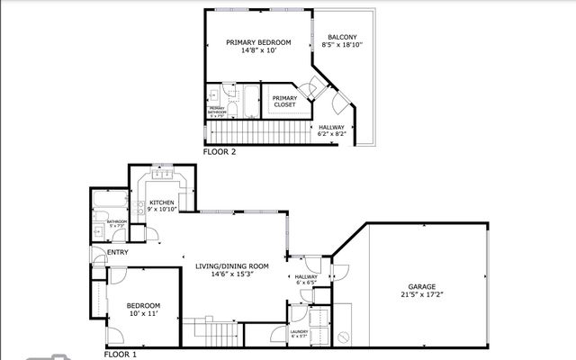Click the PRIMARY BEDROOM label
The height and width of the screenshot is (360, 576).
coord(258,42)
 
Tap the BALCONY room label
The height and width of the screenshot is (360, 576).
coord(341,37)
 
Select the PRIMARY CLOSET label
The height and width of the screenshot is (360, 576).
coord(284,101)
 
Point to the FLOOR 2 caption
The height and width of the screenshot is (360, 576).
coord(220,152)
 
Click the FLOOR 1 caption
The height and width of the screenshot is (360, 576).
coord(120,355)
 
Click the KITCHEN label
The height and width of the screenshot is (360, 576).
coord(162,202)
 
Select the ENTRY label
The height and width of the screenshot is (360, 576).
coord(117,252)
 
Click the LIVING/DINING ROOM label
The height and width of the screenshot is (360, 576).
coord(233,265)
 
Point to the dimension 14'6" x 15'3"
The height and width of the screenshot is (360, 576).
coord(233,274)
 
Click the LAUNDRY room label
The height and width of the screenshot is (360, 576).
coord(300,331)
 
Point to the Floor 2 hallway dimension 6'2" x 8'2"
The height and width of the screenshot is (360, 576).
coord(332,135)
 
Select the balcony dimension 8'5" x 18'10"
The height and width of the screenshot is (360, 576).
coord(341,45)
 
